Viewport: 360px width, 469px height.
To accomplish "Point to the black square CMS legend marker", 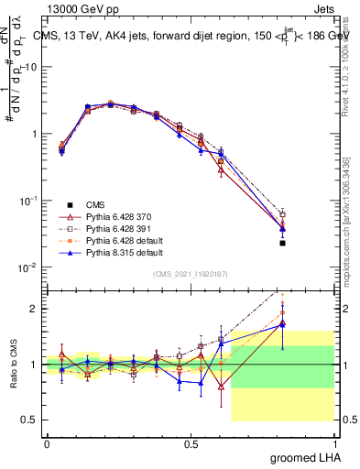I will tap(69, 204).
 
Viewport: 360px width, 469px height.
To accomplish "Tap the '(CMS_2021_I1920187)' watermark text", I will tap(190, 273).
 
